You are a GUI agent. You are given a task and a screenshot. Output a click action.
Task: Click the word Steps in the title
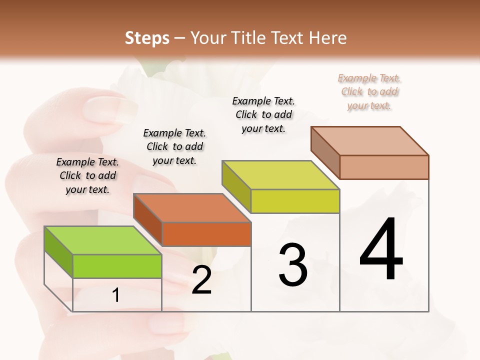[146, 38]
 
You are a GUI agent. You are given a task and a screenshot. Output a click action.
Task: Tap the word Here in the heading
[328, 38]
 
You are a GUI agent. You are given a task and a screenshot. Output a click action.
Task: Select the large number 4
[381, 249]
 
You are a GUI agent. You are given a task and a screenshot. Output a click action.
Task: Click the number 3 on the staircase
[293, 265]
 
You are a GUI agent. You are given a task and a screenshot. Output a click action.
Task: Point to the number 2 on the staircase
[201, 280]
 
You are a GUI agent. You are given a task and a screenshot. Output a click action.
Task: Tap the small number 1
[116, 295]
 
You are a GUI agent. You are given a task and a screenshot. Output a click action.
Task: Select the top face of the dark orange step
[192, 208]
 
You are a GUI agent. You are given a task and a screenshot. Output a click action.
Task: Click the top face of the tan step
[370, 141]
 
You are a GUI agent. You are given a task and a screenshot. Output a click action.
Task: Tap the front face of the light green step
[117, 266]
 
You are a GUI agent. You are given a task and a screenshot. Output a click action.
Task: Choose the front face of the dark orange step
[206, 234]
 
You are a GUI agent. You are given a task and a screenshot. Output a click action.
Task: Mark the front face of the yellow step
[295, 201]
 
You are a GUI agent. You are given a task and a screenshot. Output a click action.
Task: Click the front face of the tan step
[384, 167]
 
